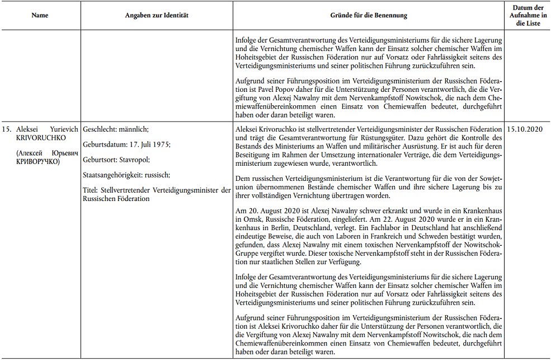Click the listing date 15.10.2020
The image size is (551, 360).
(525, 129)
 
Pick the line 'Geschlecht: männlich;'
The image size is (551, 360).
(115, 129)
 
